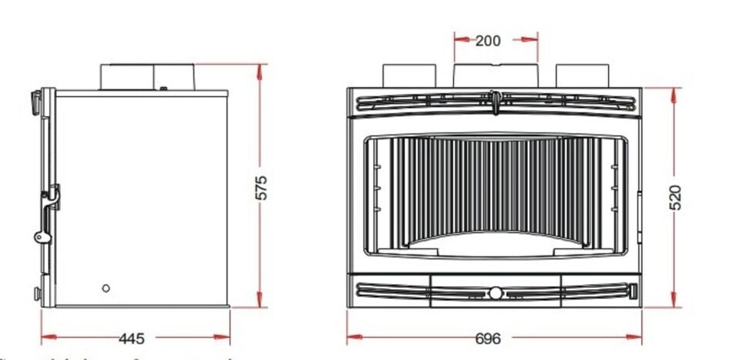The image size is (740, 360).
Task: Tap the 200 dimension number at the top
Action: [x=487, y=40]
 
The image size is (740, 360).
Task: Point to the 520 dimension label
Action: [x=675, y=197]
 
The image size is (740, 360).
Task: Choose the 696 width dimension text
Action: [x=487, y=338]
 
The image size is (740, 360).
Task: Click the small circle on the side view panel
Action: [x=106, y=288]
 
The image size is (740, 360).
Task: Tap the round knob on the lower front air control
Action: [x=494, y=293]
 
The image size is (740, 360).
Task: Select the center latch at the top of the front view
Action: [x=493, y=98]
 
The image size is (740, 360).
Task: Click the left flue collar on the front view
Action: [x=409, y=76]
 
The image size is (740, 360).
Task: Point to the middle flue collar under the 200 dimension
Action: [x=495, y=75]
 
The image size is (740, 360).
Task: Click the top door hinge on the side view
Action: [x=35, y=99]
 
